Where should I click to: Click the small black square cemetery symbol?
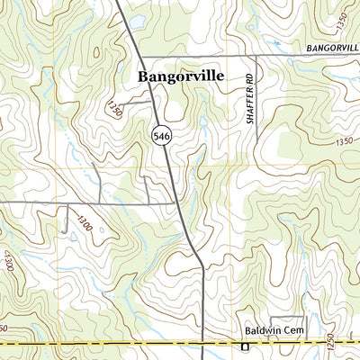tap(243, 345)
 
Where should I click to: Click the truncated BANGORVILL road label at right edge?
tap(332, 46)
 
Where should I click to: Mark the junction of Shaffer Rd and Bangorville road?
tap(256, 56)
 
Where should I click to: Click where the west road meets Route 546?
tap(175, 203)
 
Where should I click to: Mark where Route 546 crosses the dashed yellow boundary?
tap(202, 345)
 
